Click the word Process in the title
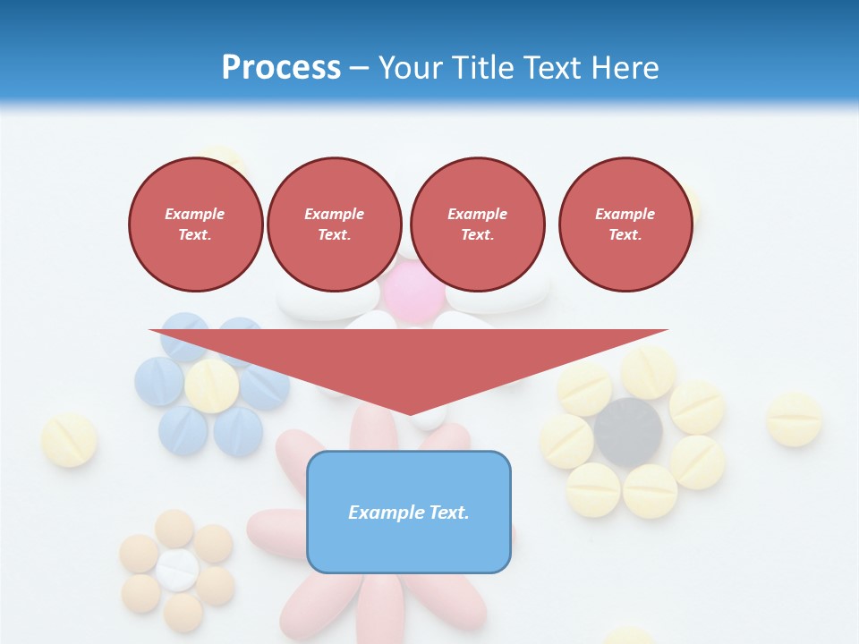click(281, 68)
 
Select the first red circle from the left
click(196, 225)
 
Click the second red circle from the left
click(335, 225)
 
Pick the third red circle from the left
click(477, 225)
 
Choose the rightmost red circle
click(625, 225)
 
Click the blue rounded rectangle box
click(409, 512)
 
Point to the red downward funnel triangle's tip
click(410, 413)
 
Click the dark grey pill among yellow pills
click(629, 432)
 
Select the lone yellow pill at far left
click(69, 440)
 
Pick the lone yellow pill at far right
click(794, 419)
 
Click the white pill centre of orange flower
click(177, 570)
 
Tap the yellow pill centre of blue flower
click(213, 386)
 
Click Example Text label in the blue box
click(409, 513)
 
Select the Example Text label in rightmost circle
click(625, 225)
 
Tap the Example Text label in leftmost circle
click(196, 225)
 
